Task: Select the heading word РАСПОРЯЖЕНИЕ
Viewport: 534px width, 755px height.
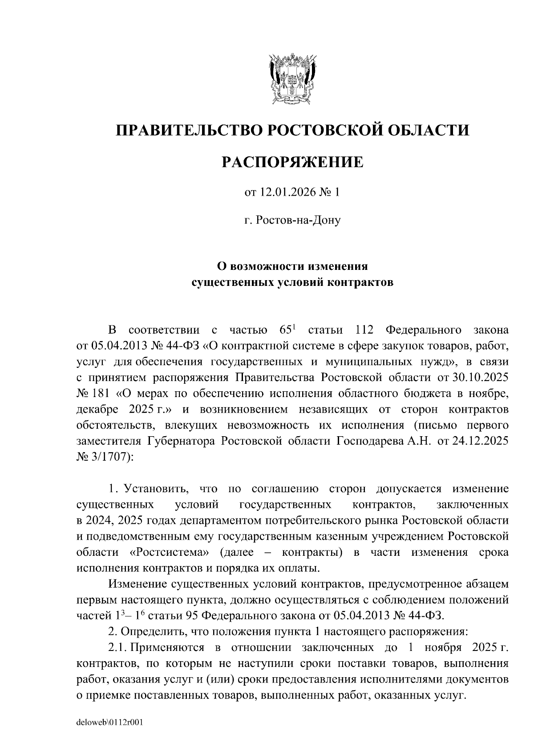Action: point(292,162)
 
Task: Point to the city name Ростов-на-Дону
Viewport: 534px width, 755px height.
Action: point(298,220)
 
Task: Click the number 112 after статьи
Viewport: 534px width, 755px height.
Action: point(364,330)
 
